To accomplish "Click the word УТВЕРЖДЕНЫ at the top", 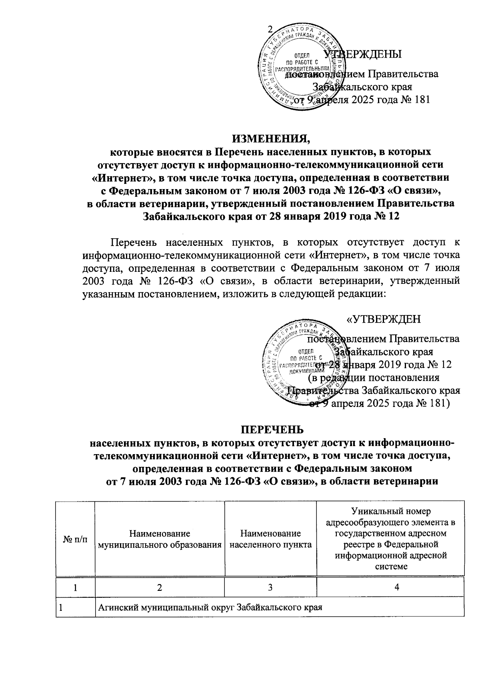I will click(x=362, y=54).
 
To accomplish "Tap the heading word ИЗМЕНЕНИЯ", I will click(x=271, y=139).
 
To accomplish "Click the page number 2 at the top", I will click(x=269, y=30).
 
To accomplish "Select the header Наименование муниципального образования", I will click(x=160, y=538).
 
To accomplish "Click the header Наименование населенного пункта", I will click(x=270, y=538).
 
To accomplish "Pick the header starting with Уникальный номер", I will click(x=390, y=538).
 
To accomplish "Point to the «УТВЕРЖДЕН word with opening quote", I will click(x=383, y=319).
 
